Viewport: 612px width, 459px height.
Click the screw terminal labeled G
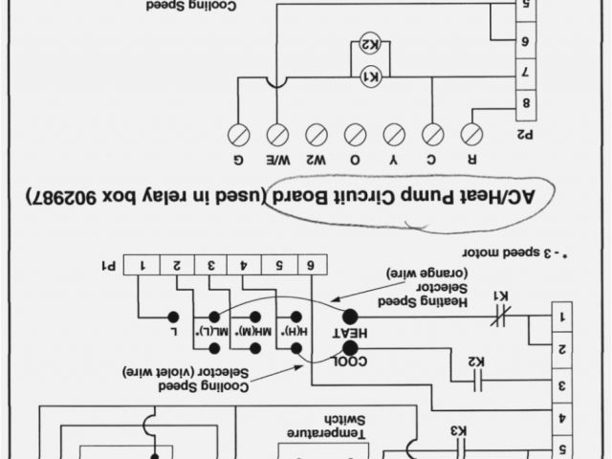coord(238,134)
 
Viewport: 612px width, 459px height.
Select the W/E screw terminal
coord(277,134)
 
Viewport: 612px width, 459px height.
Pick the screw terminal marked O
coord(355,134)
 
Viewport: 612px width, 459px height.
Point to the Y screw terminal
coord(394,134)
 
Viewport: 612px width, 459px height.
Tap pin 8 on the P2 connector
coord(526,102)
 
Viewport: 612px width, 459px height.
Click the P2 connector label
coord(525,135)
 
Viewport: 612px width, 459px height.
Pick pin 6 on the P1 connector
coord(312,265)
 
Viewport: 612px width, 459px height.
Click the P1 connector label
coord(113,265)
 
